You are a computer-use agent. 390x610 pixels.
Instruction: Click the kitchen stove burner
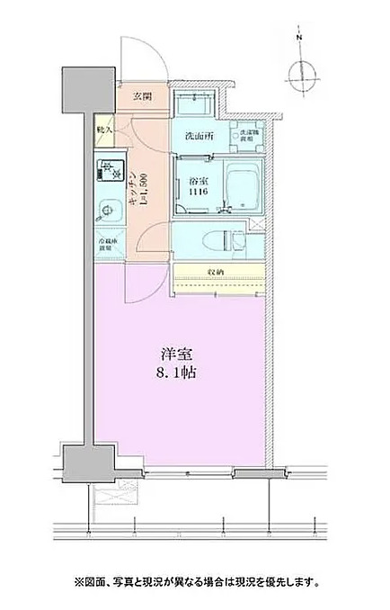tap(107, 170)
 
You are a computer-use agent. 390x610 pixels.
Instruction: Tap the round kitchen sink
tap(106, 212)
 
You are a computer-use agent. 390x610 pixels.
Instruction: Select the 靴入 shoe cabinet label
tap(103, 129)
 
